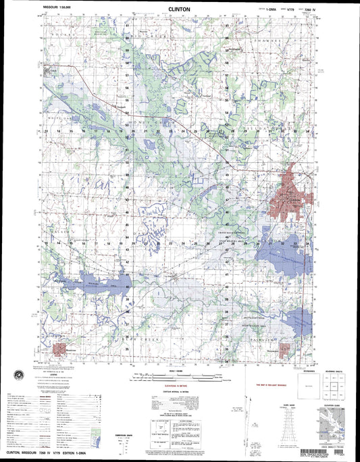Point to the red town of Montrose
coord(63,350)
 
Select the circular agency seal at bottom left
coord(18,374)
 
